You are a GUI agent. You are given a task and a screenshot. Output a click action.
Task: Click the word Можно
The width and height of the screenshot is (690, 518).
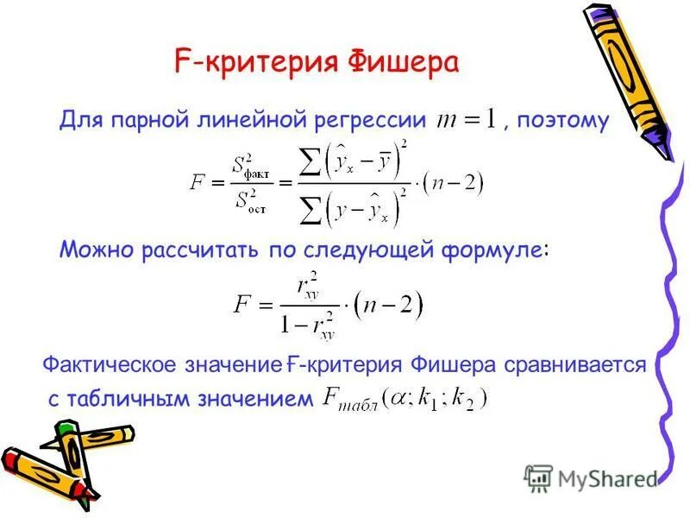91,250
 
